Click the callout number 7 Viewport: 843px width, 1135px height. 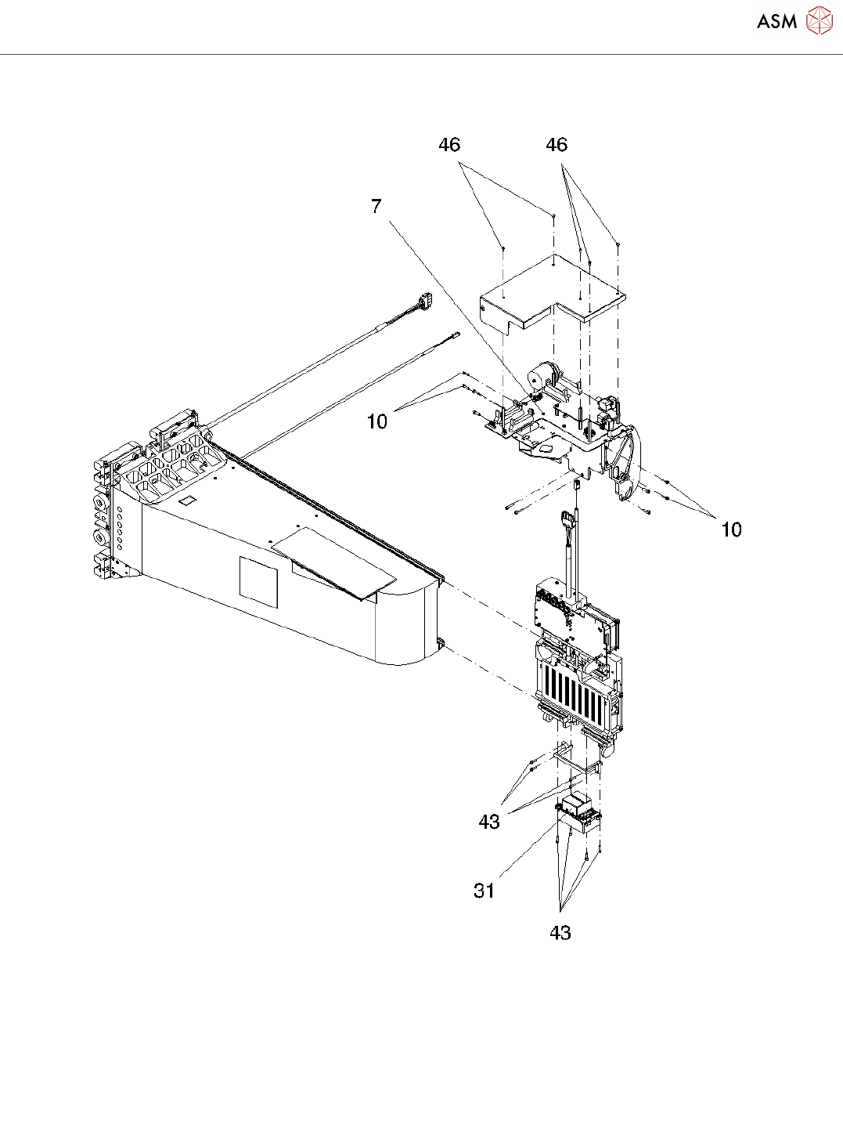click(x=376, y=206)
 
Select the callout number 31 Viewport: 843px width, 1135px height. click(x=485, y=891)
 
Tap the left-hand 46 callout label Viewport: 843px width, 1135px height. click(x=449, y=145)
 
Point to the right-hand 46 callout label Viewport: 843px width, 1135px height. click(x=557, y=145)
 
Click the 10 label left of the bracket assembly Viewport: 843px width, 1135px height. click(x=377, y=421)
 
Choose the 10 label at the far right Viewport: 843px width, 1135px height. click(x=731, y=530)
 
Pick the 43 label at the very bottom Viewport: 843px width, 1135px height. click(x=560, y=933)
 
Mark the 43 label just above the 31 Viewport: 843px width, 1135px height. click(x=489, y=822)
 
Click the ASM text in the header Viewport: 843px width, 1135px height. click(x=776, y=21)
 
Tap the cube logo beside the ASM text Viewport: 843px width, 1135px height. click(x=819, y=20)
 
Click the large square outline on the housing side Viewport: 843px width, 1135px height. click(x=258, y=581)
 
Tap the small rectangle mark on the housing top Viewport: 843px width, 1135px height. click(x=187, y=500)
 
